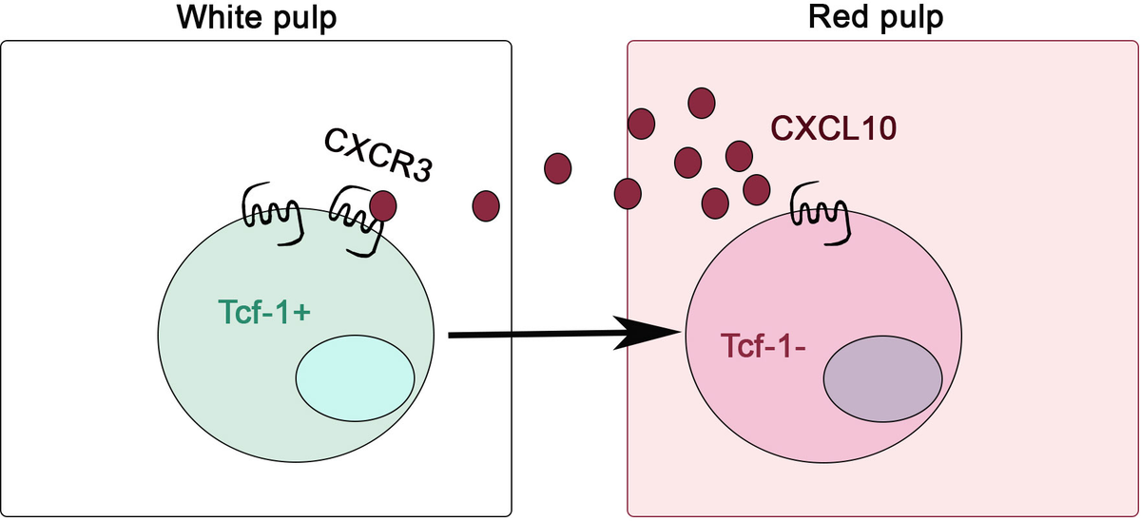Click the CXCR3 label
(x=377, y=154)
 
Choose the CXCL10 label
(x=833, y=128)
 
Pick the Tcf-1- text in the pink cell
(x=764, y=346)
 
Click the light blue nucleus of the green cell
(x=355, y=376)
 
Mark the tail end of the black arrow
(x=451, y=334)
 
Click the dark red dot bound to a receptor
(x=382, y=203)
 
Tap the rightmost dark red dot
(x=757, y=188)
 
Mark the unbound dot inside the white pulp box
(x=486, y=203)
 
